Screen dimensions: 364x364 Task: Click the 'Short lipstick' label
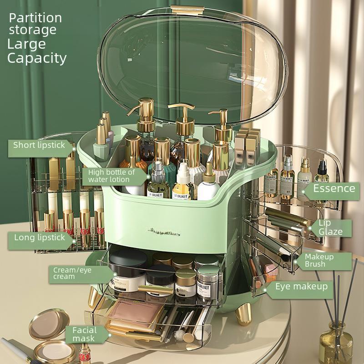[x=40, y=145]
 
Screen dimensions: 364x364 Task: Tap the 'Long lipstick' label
[x=39, y=238]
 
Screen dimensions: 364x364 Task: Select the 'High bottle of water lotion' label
[x=111, y=176]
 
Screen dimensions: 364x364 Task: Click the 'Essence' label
[x=334, y=188]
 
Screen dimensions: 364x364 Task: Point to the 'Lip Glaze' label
[x=330, y=227]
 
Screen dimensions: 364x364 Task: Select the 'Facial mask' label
[x=84, y=334]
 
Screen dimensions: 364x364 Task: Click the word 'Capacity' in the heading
[x=36, y=58]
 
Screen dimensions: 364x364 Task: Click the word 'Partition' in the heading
[x=35, y=18]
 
